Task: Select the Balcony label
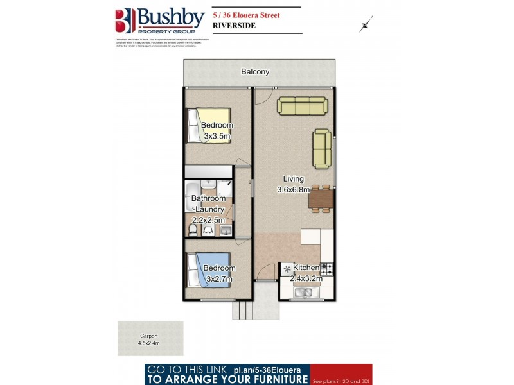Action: pyautogui.click(x=255, y=72)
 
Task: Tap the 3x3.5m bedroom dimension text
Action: pyautogui.click(x=217, y=136)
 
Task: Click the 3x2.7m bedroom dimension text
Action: pyautogui.click(x=219, y=279)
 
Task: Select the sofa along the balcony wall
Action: pyautogui.click(x=302, y=106)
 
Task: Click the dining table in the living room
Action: pyautogui.click(x=320, y=199)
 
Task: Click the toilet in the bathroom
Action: pyautogui.click(x=193, y=228)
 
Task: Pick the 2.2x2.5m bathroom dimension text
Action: pyautogui.click(x=209, y=219)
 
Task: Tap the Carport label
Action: pyautogui.click(x=149, y=336)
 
